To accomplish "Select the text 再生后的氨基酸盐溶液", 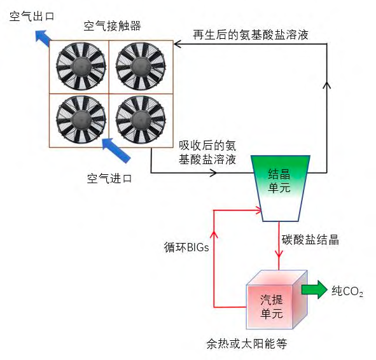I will tap(251, 35).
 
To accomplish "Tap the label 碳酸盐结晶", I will tap(310, 240).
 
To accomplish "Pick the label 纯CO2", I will tap(347, 291).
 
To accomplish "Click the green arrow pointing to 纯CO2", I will tap(312, 290).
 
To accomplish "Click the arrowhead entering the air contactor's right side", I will tap(179, 43).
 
